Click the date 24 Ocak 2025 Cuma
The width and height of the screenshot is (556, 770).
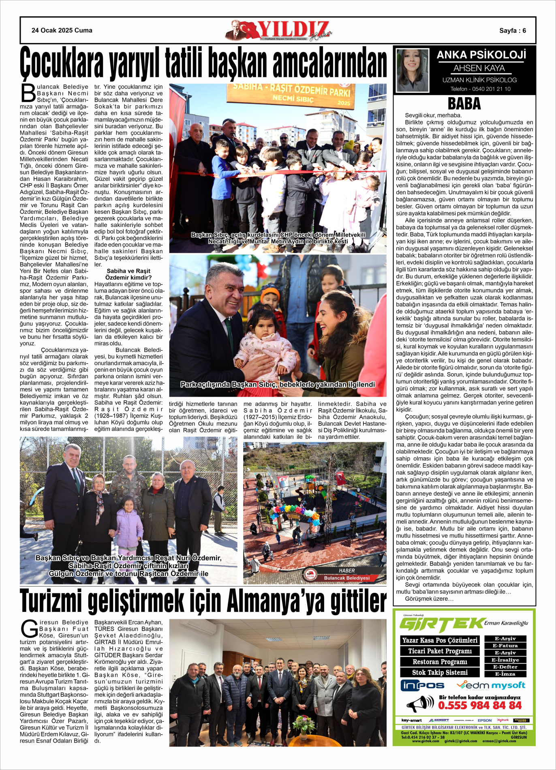point(62,30)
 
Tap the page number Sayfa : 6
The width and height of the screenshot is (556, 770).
point(512,30)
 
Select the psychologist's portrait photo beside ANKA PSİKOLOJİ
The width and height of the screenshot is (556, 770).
point(412,71)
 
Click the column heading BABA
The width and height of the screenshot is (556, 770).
point(464,104)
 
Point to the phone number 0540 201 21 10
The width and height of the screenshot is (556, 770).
point(480,89)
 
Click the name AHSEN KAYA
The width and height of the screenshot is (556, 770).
point(479,68)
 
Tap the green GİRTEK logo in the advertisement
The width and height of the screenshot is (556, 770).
point(442,625)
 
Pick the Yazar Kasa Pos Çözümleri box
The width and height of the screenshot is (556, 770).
point(440,640)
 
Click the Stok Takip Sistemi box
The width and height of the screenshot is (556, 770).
point(440,672)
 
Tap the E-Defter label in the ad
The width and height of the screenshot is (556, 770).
point(505,667)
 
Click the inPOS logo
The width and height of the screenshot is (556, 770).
point(422,686)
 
